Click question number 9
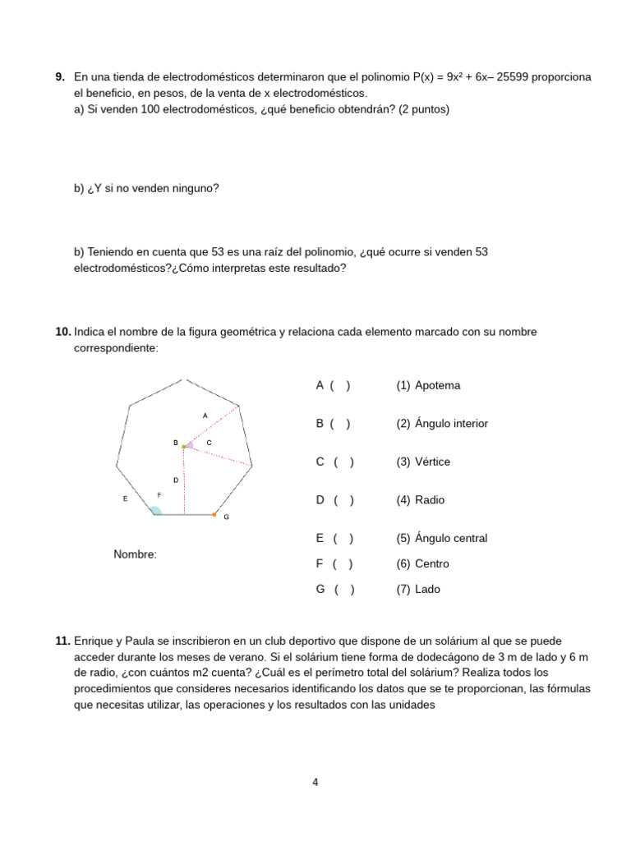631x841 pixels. tap(60, 76)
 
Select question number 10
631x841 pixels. tap(62, 332)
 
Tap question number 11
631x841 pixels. tap(62, 640)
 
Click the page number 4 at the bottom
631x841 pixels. tap(315, 782)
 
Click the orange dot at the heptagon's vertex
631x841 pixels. tap(214, 515)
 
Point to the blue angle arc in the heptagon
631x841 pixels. tap(155, 511)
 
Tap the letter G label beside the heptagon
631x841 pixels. tap(226, 518)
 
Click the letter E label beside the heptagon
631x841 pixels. tap(125, 499)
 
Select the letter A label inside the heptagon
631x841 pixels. tap(205, 416)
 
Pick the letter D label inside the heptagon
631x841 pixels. tap(175, 480)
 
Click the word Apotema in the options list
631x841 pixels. tap(437, 385)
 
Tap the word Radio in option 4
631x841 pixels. tap(430, 499)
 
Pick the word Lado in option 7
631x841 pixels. tap(427, 589)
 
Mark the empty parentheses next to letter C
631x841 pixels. tap(344, 462)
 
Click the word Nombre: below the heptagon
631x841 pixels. tap(135, 554)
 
